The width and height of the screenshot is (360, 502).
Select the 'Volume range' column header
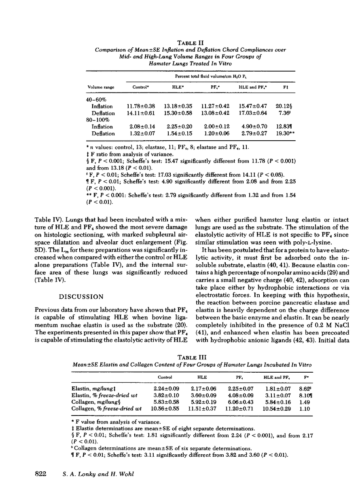pyautogui.click(x=101, y=87)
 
